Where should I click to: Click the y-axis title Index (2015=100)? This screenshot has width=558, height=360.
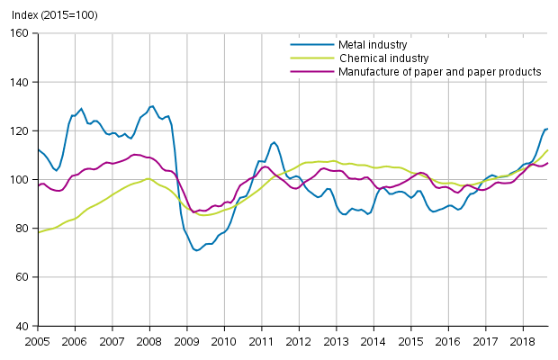49,15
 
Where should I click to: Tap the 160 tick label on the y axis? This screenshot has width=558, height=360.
21,33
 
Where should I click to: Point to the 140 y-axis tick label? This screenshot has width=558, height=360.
21,82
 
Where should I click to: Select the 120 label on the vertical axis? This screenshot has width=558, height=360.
21,130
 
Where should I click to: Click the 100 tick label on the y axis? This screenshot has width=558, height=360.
21,180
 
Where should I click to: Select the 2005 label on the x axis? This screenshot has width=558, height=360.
37,342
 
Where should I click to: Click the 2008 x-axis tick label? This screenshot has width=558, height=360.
149,342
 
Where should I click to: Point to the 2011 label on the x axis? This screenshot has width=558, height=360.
261,342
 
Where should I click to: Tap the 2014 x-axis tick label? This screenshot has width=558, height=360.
373,342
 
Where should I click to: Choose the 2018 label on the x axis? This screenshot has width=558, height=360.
521,342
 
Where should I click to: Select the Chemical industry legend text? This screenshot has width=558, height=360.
384,58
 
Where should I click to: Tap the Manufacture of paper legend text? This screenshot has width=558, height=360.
439,71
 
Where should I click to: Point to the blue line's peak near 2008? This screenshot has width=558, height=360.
151,106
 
